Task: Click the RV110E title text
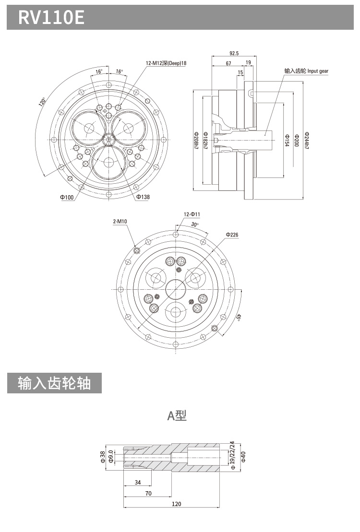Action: tap(51, 18)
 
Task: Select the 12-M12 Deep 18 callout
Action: tap(166, 63)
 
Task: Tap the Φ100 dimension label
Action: tap(67, 197)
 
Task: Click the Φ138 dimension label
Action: tap(143, 197)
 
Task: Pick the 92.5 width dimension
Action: tap(234, 53)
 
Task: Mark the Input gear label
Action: tap(306, 71)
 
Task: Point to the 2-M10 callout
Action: tap(120, 221)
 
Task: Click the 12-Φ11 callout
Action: tap(192, 214)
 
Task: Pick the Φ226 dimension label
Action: tap(232, 235)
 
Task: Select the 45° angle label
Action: tap(239, 318)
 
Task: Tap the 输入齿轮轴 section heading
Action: tap(54, 383)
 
